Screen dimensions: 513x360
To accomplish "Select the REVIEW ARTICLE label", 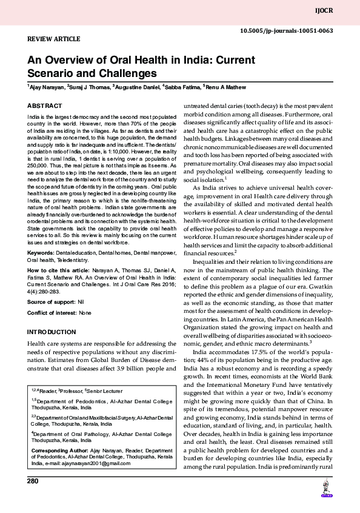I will pyautogui.click(x=54, y=39).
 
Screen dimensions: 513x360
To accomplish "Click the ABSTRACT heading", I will pyautogui.click(x=44, y=106).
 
